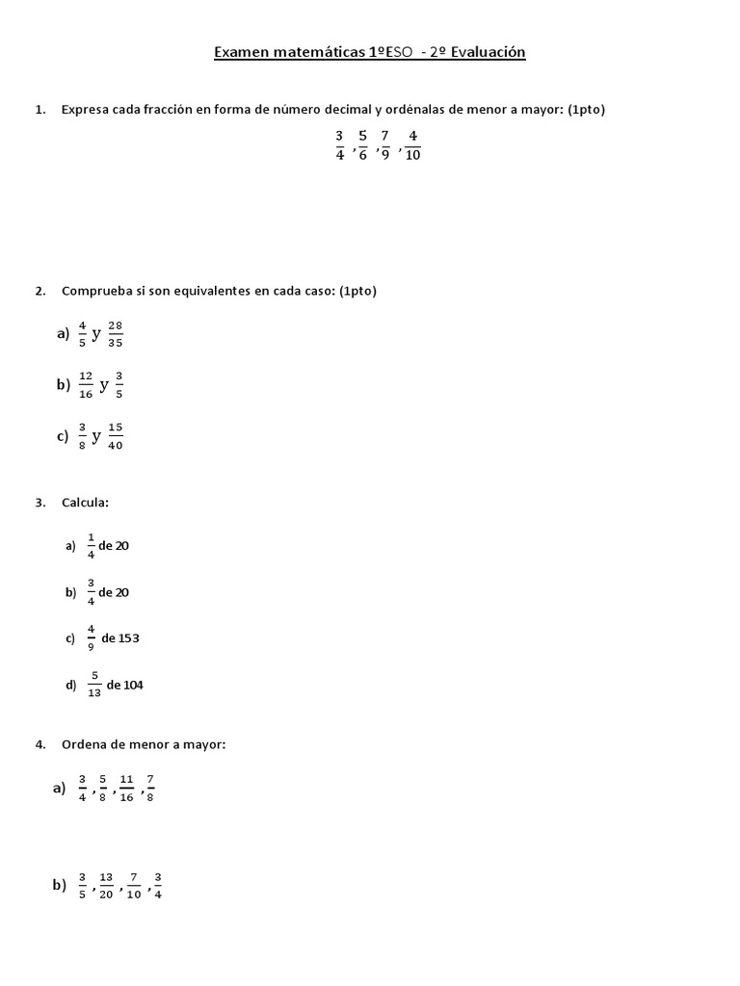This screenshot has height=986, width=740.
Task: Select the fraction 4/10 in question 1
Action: (412, 145)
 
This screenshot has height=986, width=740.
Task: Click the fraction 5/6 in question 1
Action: (362, 145)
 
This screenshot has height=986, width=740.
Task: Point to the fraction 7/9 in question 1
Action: (384, 145)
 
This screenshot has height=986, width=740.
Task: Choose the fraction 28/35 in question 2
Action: (116, 333)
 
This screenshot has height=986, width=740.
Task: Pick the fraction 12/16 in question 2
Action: (86, 384)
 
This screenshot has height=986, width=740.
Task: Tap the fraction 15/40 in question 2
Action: (116, 435)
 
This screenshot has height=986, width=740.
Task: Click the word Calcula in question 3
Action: (85, 503)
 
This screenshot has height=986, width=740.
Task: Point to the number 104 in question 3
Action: (133, 685)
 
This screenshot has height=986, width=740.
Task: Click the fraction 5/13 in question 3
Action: (95, 685)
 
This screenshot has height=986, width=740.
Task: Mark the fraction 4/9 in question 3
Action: (91, 637)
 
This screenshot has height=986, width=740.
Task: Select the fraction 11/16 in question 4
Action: (126, 788)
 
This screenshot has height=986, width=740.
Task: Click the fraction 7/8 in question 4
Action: (150, 788)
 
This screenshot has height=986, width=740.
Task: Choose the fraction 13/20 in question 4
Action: (106, 885)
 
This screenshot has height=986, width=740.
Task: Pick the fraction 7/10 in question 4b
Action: (133, 885)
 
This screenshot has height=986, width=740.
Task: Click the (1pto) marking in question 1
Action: (586, 110)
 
